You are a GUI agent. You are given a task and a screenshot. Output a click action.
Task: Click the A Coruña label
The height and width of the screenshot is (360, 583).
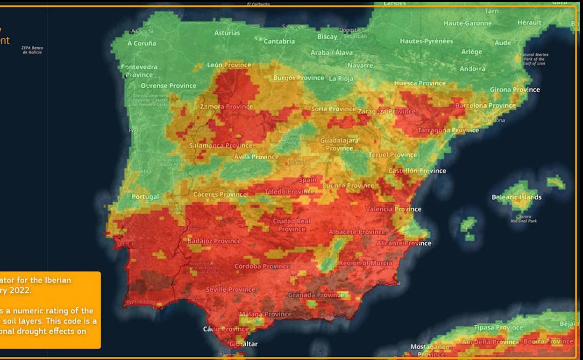point(142,43)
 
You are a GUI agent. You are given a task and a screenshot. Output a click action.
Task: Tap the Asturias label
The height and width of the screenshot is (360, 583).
point(227,33)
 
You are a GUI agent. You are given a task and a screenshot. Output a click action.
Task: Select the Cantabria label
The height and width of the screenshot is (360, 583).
point(279,41)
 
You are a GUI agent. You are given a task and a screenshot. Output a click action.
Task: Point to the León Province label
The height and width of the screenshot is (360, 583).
point(229,65)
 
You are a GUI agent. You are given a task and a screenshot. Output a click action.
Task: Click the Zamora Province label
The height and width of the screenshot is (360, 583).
point(226,107)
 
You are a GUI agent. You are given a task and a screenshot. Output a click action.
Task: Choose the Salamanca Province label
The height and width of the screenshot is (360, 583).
point(220,145)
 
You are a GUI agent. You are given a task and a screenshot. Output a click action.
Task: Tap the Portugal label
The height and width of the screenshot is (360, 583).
point(145,197)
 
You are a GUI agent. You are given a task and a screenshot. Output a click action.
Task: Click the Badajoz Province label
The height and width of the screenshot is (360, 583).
point(214,241)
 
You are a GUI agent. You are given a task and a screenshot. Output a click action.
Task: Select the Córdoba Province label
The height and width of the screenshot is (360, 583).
point(262,266)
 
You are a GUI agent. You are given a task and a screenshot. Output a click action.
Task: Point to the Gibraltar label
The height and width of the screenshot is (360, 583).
point(243,344)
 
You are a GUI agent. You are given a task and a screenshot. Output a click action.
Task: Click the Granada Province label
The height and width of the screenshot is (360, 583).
point(316,295)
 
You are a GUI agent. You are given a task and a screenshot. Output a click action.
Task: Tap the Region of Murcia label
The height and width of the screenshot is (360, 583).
point(365,263)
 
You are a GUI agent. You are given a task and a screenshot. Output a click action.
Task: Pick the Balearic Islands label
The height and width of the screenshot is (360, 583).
point(516,197)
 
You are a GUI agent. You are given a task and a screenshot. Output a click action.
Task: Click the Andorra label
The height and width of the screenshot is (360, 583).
point(472,69)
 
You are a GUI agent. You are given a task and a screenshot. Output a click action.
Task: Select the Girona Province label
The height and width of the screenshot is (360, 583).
point(514,90)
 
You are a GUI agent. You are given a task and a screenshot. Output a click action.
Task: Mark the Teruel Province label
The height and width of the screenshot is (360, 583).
point(392,155)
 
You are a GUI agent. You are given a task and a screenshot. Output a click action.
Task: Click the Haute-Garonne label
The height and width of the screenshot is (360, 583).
point(467,23)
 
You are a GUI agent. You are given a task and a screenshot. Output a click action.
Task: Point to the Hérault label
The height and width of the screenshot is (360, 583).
point(529,22)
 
